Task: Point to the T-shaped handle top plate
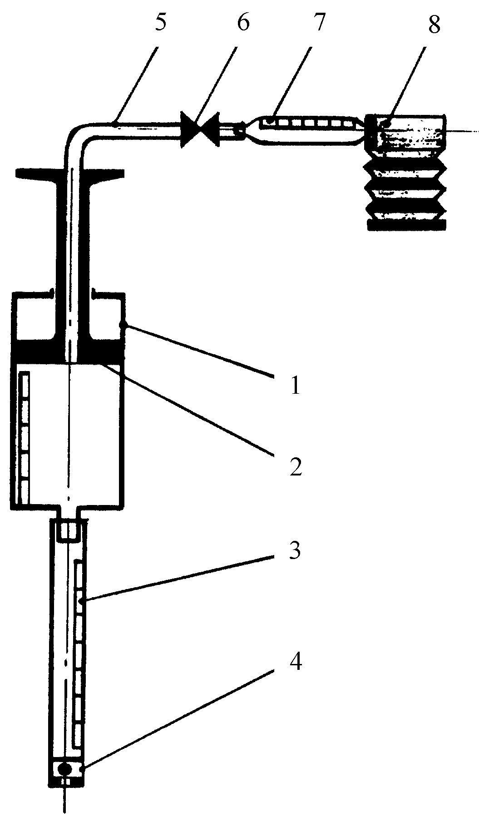(x=70, y=173)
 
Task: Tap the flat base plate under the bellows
(x=408, y=224)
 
